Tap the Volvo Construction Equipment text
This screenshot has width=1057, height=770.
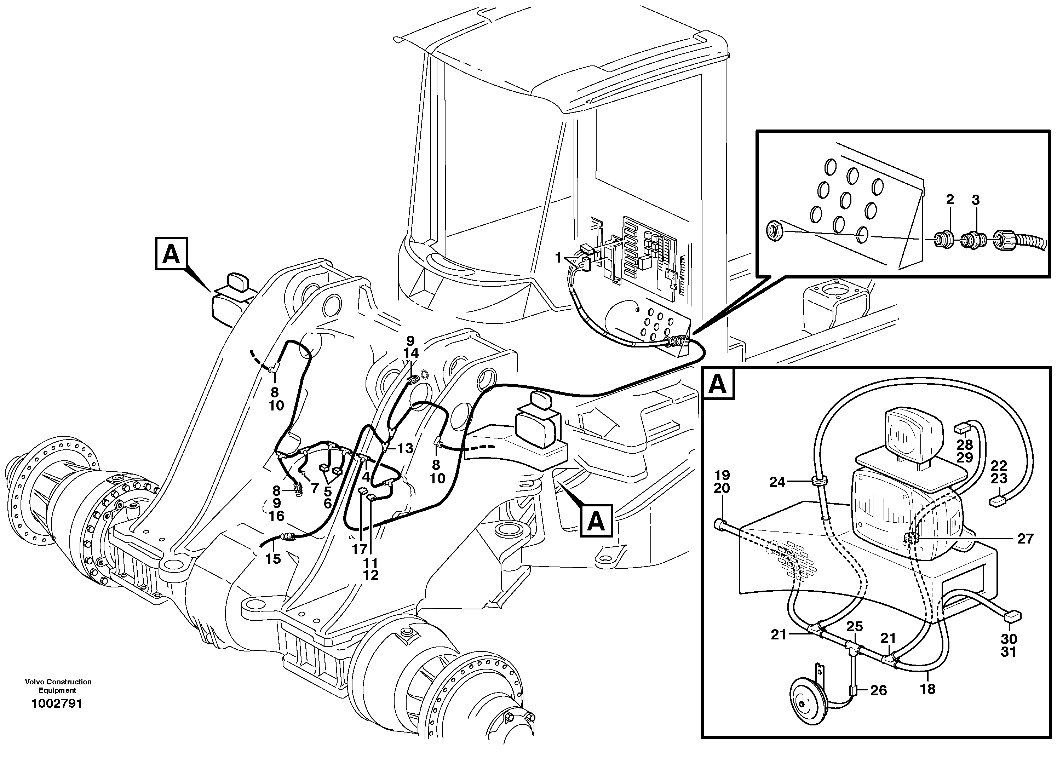tap(58, 686)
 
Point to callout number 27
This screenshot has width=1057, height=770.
tap(1025, 539)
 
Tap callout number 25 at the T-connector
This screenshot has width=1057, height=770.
tap(855, 626)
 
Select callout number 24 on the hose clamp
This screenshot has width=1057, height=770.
tap(777, 482)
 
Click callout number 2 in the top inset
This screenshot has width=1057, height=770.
tap(950, 200)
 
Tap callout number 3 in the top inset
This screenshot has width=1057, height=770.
tap(976, 200)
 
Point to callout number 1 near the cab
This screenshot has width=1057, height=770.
tap(558, 257)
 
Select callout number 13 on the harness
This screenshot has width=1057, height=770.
tap(405, 448)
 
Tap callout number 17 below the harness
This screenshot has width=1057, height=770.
tap(359, 550)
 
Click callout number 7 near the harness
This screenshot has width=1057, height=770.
tap(315, 488)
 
